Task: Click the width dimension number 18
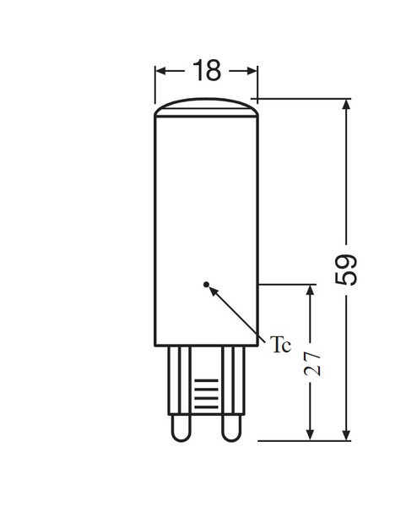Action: pos(206,71)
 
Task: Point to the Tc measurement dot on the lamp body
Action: pos(206,284)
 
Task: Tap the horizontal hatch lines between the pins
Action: pos(204,393)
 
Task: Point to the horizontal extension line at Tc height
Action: pos(287,285)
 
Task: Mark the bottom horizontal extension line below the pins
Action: pos(304,439)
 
